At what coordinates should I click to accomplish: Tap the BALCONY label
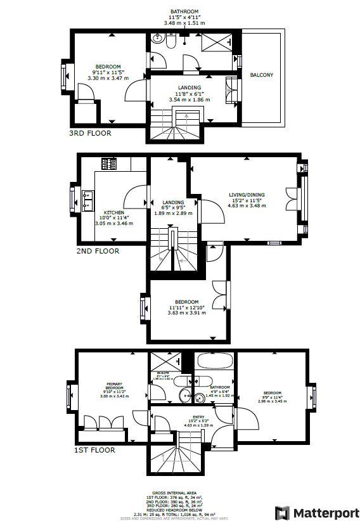pos(262,75)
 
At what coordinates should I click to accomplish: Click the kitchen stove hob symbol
pos(109,164)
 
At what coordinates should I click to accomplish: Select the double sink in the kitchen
pos(87,198)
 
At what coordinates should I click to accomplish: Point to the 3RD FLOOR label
pos(90,133)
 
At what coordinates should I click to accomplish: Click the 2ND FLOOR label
pos(98,251)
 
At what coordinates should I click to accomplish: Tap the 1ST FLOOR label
pos(94,450)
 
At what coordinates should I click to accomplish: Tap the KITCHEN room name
pos(114,212)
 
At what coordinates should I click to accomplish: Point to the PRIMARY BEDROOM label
pos(114,386)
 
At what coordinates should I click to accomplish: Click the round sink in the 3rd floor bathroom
pos(170,41)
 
